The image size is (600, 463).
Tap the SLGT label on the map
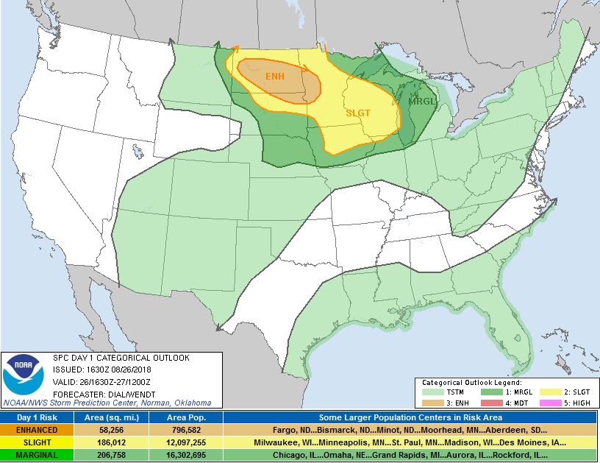pyautogui.click(x=358, y=113)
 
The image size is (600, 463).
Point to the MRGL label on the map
pyautogui.click(x=422, y=102)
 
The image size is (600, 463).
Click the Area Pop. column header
pyautogui.click(x=185, y=417)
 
